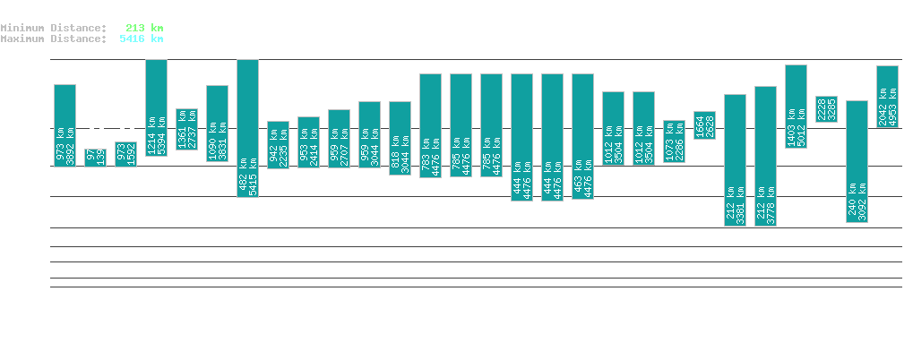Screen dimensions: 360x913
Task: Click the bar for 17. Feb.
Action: [x=247, y=128]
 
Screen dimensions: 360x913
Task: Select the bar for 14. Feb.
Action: [x=156, y=107]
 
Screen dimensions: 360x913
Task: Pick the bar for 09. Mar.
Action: [x=857, y=161]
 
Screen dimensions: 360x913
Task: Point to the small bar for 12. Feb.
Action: [x=95, y=158]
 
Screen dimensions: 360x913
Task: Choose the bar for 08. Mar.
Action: [x=826, y=109]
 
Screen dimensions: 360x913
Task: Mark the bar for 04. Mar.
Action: [x=704, y=125]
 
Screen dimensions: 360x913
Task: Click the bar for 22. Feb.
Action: [x=400, y=138]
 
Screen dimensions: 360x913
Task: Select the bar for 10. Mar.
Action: [x=887, y=97]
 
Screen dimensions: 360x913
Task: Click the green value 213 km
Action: [x=144, y=28]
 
